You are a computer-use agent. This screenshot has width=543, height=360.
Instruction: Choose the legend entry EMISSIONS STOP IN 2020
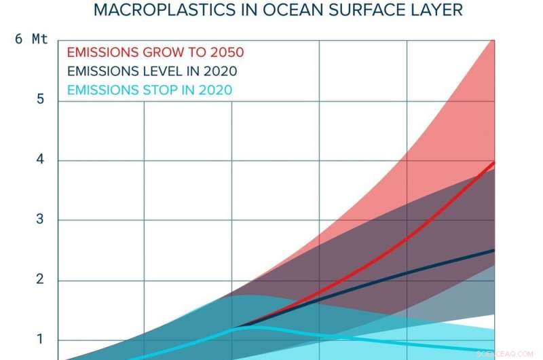[149, 90]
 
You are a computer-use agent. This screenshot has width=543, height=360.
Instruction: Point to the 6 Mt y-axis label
[31, 39]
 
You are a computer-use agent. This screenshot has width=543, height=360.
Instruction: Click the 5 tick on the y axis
[41, 99]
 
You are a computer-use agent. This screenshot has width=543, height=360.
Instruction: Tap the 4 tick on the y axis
[41, 160]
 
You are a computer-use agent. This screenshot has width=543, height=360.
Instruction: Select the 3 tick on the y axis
[41, 220]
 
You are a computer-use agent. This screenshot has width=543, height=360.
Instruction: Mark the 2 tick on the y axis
[41, 280]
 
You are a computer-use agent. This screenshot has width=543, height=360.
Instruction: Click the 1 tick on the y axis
[41, 340]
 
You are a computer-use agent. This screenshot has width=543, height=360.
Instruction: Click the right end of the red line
[493, 163]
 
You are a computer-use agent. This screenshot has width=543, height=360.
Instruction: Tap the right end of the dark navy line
[493, 251]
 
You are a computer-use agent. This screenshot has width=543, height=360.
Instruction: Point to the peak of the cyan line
[241, 327]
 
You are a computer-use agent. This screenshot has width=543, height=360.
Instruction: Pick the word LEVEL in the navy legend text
[157, 71]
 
